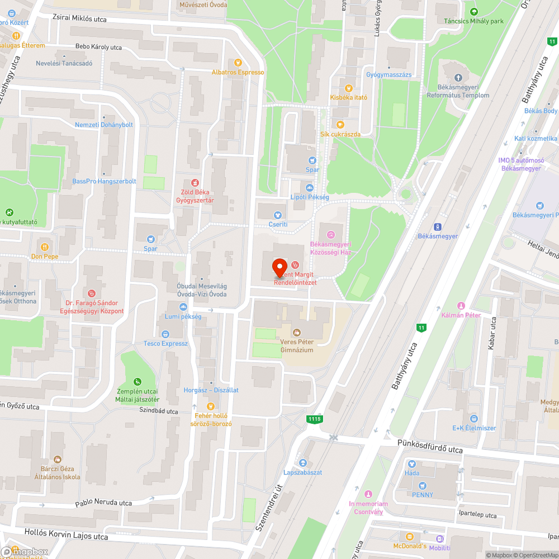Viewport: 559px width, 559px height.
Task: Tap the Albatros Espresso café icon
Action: click(x=238, y=63)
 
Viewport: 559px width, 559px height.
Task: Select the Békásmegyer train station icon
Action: click(x=438, y=226)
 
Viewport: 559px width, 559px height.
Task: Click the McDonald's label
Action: click(x=410, y=546)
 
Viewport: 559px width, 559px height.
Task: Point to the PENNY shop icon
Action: click(x=423, y=485)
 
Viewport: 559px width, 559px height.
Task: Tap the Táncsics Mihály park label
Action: click(x=473, y=21)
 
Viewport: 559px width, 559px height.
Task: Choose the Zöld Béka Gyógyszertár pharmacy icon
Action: click(x=195, y=182)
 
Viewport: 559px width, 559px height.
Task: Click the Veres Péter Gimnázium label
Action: click(x=297, y=345)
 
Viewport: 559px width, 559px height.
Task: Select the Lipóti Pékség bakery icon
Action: click(x=309, y=188)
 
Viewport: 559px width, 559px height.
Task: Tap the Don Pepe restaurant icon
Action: click(x=44, y=247)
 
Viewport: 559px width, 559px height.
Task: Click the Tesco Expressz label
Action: click(x=165, y=343)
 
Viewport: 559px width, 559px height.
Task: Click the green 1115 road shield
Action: click(x=314, y=418)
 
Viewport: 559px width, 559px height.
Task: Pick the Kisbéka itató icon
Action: click(x=349, y=88)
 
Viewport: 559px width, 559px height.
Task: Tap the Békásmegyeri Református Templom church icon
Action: click(x=458, y=78)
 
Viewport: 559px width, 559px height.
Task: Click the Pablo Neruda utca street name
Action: click(x=103, y=503)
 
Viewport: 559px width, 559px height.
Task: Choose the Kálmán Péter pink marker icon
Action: click(x=461, y=306)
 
